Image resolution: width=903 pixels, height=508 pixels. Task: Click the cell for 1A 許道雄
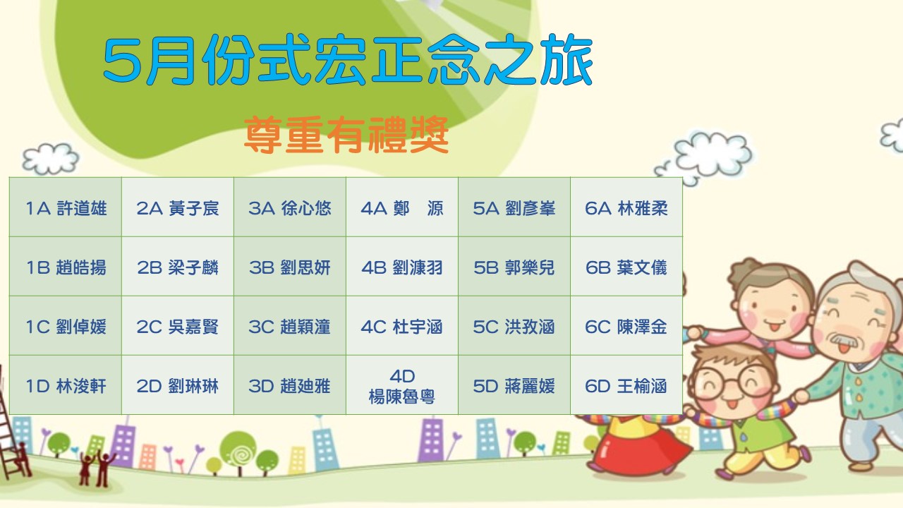point(66,207)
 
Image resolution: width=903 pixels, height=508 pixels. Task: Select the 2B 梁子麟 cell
point(177,267)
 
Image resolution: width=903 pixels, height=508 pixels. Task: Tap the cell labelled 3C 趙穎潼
point(289,326)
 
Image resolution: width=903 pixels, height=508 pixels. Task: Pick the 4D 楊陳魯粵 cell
point(401,385)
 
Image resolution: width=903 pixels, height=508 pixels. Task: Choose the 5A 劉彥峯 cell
point(514,207)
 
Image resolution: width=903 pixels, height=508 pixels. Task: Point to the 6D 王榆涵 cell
point(626,385)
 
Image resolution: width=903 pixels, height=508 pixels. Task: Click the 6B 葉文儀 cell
point(626,267)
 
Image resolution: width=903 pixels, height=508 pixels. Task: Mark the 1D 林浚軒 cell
point(66,385)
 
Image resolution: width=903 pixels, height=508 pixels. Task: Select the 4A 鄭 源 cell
point(401,207)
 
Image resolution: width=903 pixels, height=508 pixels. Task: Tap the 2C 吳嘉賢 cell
point(177,326)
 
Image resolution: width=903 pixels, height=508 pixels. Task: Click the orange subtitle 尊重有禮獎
point(346,135)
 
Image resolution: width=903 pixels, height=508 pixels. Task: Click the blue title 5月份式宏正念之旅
point(348,60)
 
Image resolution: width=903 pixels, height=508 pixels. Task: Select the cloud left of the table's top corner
point(50,158)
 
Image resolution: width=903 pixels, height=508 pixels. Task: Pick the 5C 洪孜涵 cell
point(514,326)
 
